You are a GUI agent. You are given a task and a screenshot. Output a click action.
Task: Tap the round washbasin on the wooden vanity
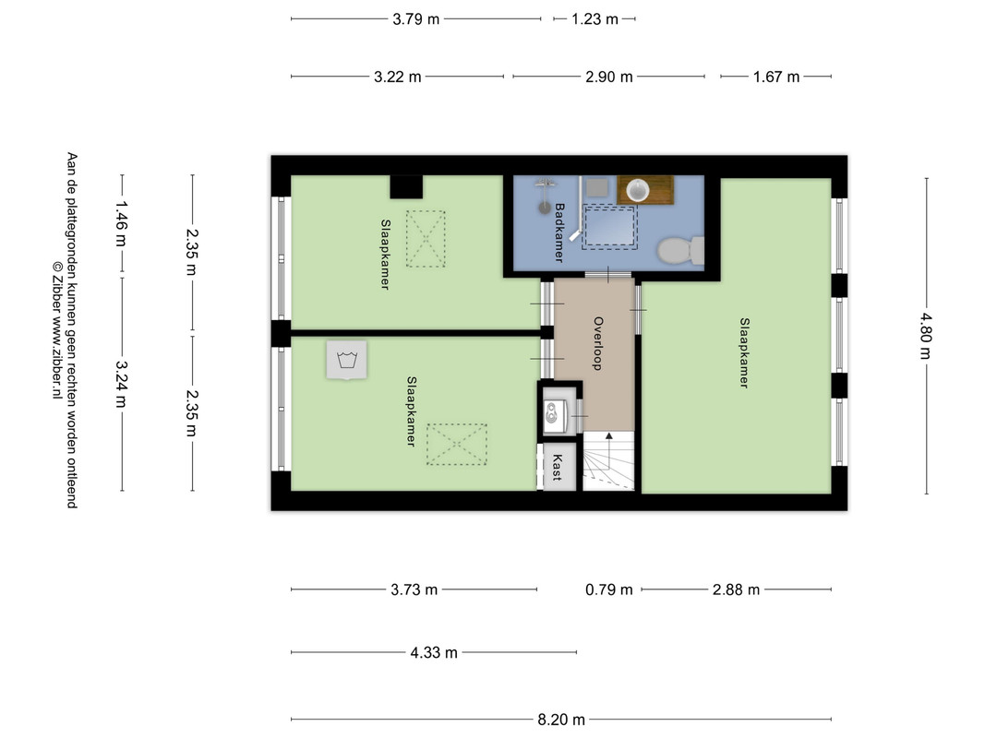click(x=638, y=189)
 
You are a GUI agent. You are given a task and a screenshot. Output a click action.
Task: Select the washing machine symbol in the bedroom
click(x=346, y=360)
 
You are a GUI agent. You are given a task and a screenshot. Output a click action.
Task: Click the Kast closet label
click(x=557, y=468)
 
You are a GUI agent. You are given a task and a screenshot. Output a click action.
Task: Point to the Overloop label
click(x=598, y=343)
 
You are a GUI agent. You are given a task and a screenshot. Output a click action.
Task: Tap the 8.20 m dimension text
click(x=561, y=720)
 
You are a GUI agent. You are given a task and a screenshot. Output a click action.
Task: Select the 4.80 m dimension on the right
click(x=925, y=336)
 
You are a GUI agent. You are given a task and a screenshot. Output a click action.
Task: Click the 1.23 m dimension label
click(x=595, y=19)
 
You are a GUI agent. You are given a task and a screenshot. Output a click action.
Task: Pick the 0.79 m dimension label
click(x=608, y=589)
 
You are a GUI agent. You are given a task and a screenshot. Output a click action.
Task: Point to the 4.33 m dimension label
click(x=434, y=652)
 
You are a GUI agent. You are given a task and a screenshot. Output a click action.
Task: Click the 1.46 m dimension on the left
click(x=121, y=223)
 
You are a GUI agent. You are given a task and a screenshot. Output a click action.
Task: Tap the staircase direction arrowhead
click(x=608, y=435)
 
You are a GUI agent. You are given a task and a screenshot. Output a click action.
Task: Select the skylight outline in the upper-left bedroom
click(x=426, y=239)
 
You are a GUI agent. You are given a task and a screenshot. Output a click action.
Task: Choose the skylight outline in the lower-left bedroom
click(x=457, y=445)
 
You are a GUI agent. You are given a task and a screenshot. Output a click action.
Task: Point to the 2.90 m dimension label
click(x=608, y=77)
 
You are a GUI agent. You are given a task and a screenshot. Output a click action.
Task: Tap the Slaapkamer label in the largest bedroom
click(x=744, y=353)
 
